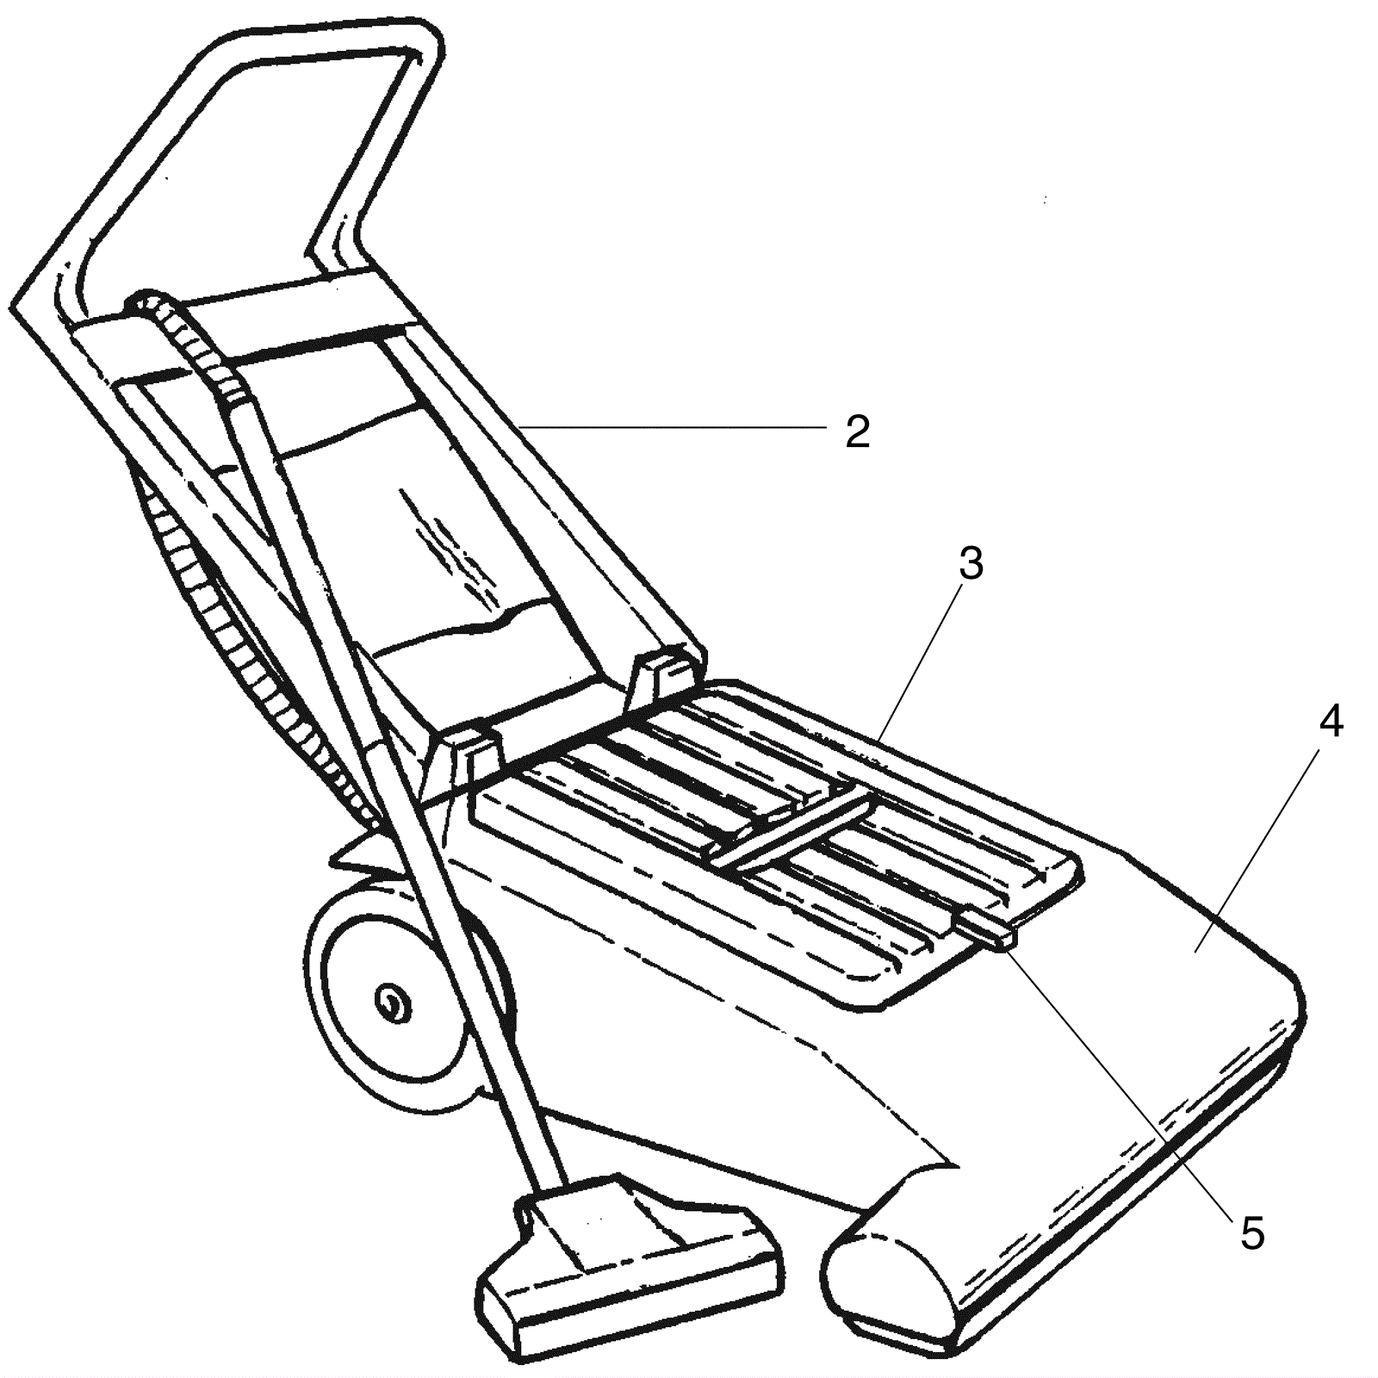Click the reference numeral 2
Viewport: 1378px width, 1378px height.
(x=857, y=432)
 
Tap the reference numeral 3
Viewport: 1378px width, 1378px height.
(x=970, y=565)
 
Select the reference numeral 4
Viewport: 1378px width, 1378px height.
(x=1331, y=722)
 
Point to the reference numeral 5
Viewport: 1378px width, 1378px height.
(x=1251, y=1233)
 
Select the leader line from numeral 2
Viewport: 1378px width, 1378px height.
(x=672, y=426)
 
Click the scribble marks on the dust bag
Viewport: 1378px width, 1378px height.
(x=448, y=543)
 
